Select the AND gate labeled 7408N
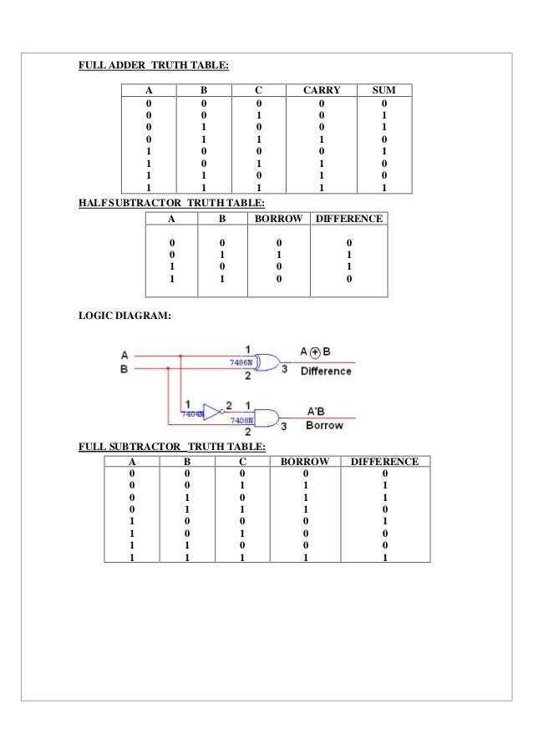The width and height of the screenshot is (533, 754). pyautogui.click(x=266, y=417)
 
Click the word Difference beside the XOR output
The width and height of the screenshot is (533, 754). pyautogui.click(x=325, y=371)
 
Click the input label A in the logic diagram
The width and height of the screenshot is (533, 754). pyautogui.click(x=124, y=353)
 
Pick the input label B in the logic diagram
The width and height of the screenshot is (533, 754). pyautogui.click(x=124, y=368)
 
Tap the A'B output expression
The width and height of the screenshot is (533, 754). pyautogui.click(x=317, y=410)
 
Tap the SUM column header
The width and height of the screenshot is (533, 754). pyautogui.click(x=384, y=89)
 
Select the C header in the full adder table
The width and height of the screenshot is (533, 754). pyautogui.click(x=258, y=89)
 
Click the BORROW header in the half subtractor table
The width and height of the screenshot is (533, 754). pyautogui.click(x=277, y=219)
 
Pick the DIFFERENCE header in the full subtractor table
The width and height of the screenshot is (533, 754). pyautogui.click(x=385, y=461)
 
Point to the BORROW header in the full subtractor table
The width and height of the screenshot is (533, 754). pyautogui.click(x=304, y=461)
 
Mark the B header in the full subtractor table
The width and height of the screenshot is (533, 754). pyautogui.click(x=188, y=461)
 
